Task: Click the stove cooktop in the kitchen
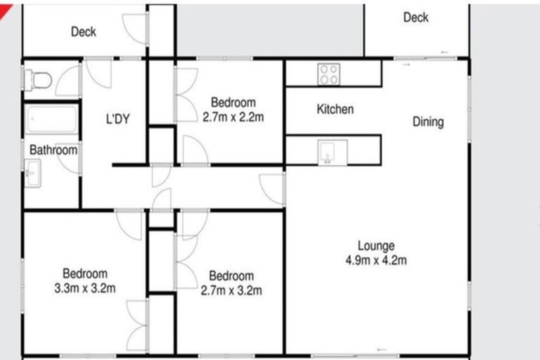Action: tap(329, 73)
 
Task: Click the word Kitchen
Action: tap(335, 110)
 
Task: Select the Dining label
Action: tap(427, 122)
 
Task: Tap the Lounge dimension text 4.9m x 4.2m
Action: tap(376, 259)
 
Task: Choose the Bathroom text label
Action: tap(53, 150)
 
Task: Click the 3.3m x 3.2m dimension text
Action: tap(85, 288)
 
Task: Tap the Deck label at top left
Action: tap(84, 32)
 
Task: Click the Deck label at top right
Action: tap(416, 18)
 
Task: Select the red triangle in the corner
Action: tap(6, 6)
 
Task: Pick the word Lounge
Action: tap(376, 246)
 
